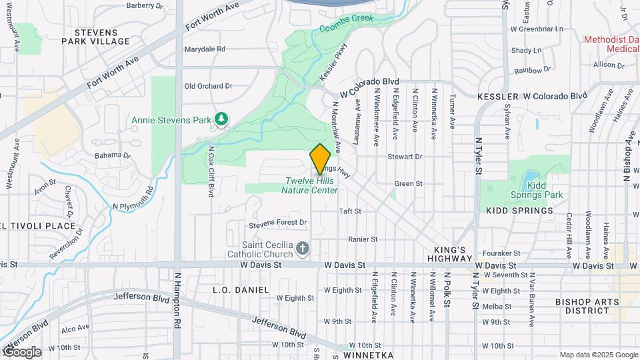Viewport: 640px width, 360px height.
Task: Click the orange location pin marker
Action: (320, 159)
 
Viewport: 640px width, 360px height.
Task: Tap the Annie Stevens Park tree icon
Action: (221, 119)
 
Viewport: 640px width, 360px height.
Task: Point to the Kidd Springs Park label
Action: (545, 190)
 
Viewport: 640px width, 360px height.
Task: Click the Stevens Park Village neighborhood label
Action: (96, 37)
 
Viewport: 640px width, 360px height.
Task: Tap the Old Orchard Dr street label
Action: (208, 86)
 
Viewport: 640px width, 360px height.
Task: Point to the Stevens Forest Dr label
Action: (277, 222)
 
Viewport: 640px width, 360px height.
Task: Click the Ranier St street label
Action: (363, 239)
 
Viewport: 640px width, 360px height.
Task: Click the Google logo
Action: (21, 351)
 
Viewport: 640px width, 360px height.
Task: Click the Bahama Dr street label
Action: (109, 155)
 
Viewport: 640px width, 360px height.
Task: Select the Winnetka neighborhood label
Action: (371, 355)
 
